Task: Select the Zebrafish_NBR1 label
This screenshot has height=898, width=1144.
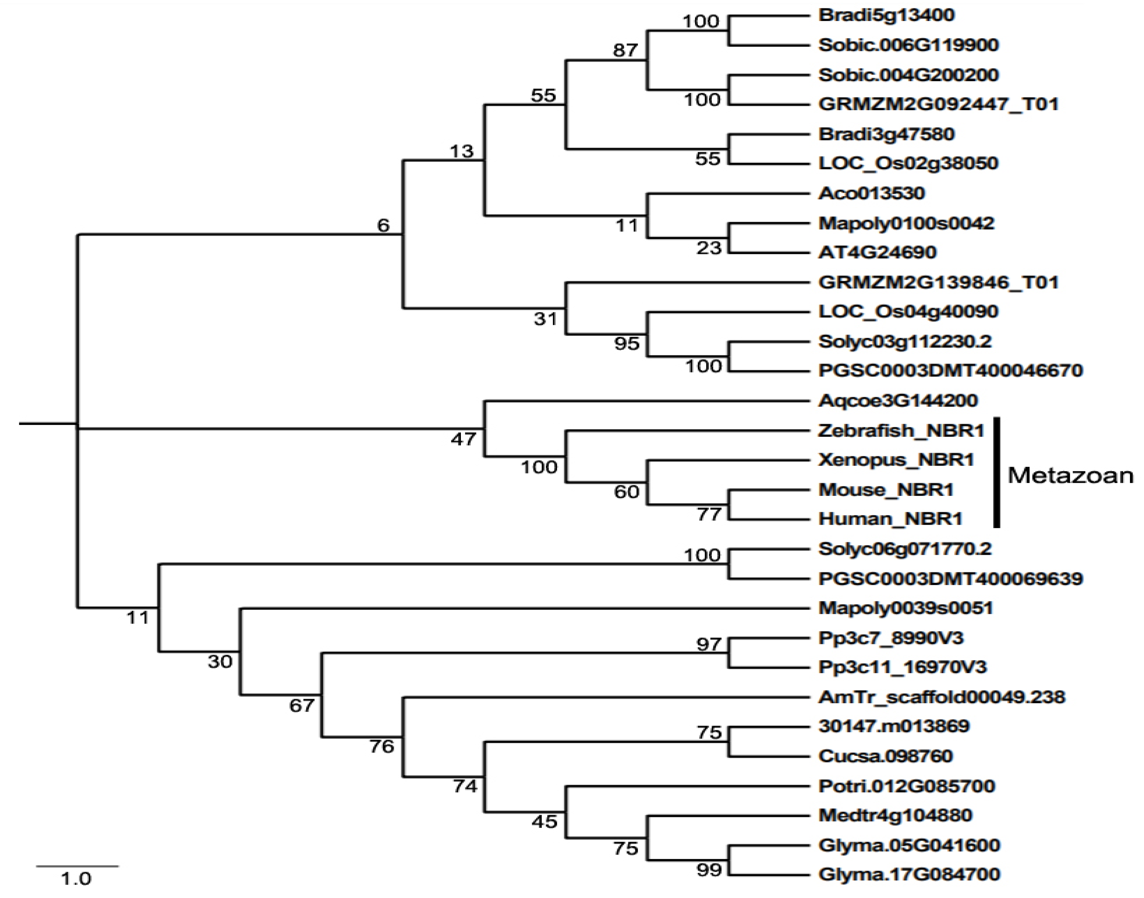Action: [x=900, y=431]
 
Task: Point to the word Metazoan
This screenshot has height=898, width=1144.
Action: [x=1069, y=475]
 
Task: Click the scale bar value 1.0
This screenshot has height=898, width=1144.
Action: [x=76, y=878]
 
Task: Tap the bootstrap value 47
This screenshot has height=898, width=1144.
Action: [x=463, y=439]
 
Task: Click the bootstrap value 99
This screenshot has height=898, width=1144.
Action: [x=708, y=870]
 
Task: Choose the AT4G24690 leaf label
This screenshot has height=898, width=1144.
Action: [x=877, y=252]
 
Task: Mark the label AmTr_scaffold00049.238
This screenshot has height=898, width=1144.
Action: [x=941, y=697]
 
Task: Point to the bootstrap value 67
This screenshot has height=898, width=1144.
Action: [x=302, y=705]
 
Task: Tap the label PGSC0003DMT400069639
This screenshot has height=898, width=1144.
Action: [x=950, y=579]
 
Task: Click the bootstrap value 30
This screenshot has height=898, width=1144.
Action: [x=220, y=661]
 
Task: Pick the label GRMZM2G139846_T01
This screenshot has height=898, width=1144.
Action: [x=938, y=282]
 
